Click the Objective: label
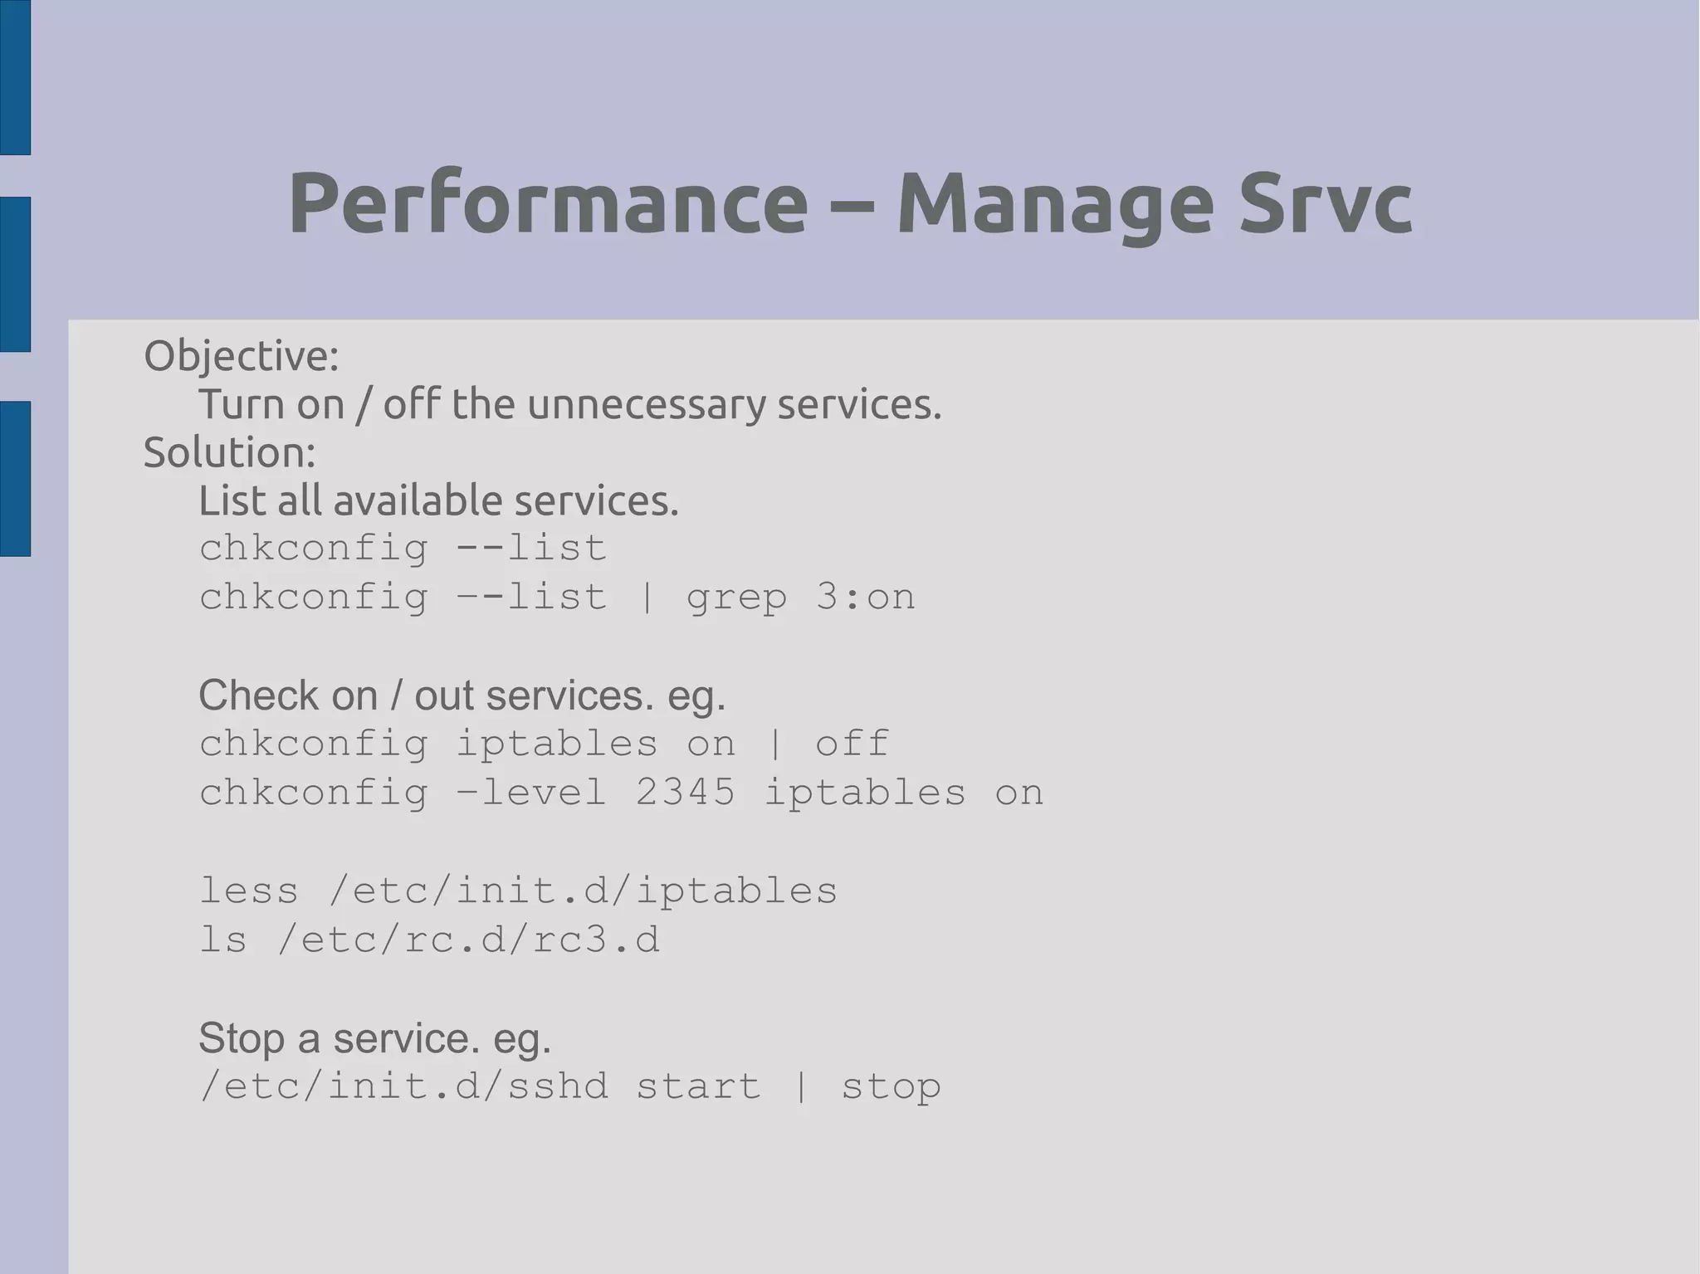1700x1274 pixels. (x=242, y=356)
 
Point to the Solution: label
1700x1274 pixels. (x=230, y=453)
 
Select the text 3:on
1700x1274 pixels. (x=865, y=598)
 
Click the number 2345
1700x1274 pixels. (x=686, y=793)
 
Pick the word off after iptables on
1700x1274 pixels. (x=852, y=744)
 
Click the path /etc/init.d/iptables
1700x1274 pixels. (x=584, y=891)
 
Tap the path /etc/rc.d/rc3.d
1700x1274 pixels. (x=469, y=940)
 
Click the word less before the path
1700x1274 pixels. (x=248, y=891)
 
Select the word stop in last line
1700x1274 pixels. (x=891, y=1087)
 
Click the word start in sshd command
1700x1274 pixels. (x=698, y=1087)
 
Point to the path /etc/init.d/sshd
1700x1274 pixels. (x=404, y=1087)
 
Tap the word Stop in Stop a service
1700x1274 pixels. (x=242, y=1038)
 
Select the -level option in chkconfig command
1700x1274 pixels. (x=531, y=793)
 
